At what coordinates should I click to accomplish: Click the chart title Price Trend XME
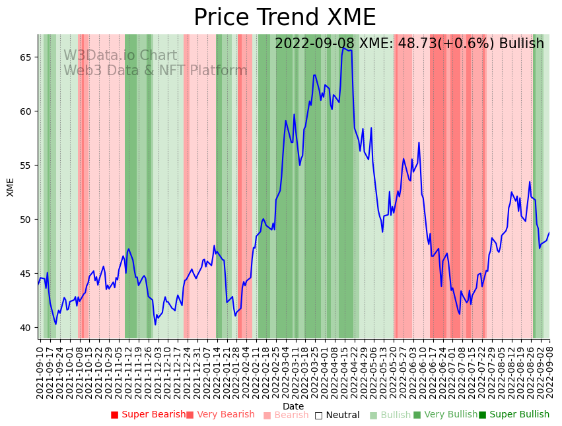point(285,18)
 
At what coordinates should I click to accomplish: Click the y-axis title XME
point(11,187)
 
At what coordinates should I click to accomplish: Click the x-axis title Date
point(293,406)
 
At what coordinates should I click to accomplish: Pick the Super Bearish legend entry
point(149,415)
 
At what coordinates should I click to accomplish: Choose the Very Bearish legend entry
point(221,415)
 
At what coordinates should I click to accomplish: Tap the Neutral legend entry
point(337,415)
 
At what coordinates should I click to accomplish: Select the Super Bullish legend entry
point(514,415)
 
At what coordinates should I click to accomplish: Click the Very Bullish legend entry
point(445,415)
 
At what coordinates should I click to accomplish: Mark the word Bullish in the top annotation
point(521,44)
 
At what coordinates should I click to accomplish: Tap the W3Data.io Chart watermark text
point(120,56)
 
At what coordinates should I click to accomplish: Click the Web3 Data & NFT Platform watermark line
point(155,71)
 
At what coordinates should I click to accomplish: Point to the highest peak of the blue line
point(343,47)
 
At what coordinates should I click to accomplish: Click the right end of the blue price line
point(549,233)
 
